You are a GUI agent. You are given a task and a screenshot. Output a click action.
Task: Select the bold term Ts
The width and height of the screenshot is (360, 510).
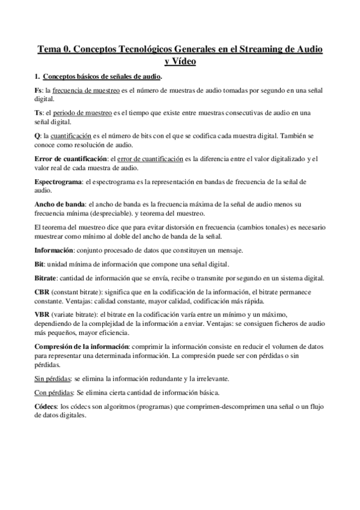point(39,112)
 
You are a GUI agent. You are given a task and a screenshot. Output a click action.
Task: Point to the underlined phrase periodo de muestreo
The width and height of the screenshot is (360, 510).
point(79,112)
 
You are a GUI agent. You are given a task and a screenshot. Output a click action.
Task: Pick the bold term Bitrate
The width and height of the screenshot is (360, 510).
point(46,278)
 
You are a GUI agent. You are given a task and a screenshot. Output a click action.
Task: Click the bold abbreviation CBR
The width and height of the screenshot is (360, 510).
point(43,292)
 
